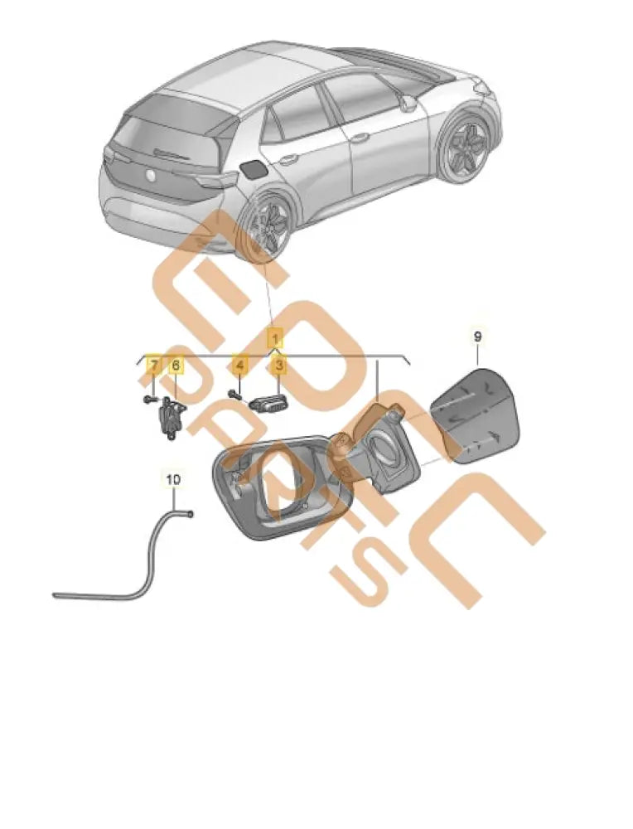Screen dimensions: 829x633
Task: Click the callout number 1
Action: pos(275,337)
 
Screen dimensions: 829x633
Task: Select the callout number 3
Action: pos(280,364)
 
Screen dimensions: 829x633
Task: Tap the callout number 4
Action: pos(239,364)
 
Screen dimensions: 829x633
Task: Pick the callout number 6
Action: pos(176,364)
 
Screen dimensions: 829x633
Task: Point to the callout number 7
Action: pos(153,364)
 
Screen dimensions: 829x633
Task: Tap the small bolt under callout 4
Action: pos(236,394)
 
